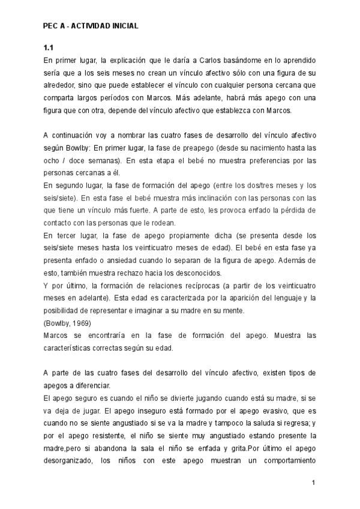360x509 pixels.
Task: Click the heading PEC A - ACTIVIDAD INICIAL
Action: [x=91, y=26]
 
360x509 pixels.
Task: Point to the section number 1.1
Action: [x=49, y=47]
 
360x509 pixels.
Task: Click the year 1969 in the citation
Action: [x=76, y=323]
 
